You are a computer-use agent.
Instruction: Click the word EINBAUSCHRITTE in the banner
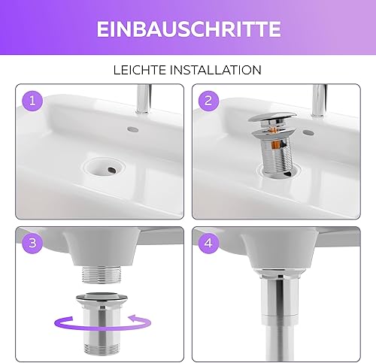pyautogui.click(x=189, y=29)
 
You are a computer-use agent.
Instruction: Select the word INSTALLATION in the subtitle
pyautogui.click(x=216, y=70)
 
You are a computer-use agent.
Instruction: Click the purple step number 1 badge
pyautogui.click(x=32, y=101)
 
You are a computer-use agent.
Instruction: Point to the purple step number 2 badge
pyautogui.click(x=208, y=101)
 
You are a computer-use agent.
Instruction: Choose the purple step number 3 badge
pyautogui.click(x=32, y=243)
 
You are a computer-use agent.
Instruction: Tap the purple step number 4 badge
pyautogui.click(x=208, y=243)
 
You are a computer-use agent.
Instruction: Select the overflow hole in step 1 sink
pyautogui.click(x=133, y=129)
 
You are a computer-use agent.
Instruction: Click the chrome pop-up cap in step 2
pyautogui.click(x=272, y=117)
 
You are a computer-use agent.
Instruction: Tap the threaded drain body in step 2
pyautogui.click(x=277, y=156)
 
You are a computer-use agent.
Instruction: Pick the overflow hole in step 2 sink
pyautogui.click(x=309, y=132)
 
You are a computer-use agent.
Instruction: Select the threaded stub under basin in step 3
pyautogui.click(x=102, y=274)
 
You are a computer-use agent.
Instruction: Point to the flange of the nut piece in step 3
pyautogui.click(x=102, y=298)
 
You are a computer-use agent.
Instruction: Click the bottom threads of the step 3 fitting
pyautogui.click(x=102, y=349)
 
